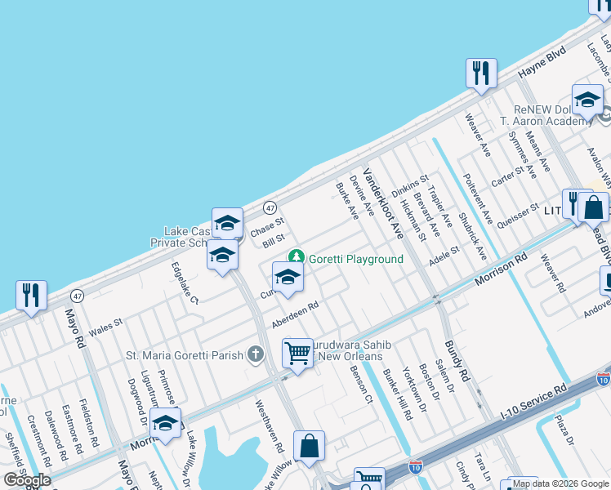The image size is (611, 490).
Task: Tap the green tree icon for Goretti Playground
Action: coord(298,259)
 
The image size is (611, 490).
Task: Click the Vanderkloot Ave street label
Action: coord(384,202)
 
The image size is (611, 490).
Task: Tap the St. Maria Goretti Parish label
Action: coord(185,355)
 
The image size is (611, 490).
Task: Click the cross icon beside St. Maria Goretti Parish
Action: coord(256,354)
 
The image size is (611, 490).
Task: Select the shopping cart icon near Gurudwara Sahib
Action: coord(298,354)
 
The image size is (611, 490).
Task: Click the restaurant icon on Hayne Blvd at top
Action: coord(481,73)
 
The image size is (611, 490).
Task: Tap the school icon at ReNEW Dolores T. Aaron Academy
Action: coord(586,100)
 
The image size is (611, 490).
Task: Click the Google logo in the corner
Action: coord(27,480)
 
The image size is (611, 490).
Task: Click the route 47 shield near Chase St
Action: coord(270,207)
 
